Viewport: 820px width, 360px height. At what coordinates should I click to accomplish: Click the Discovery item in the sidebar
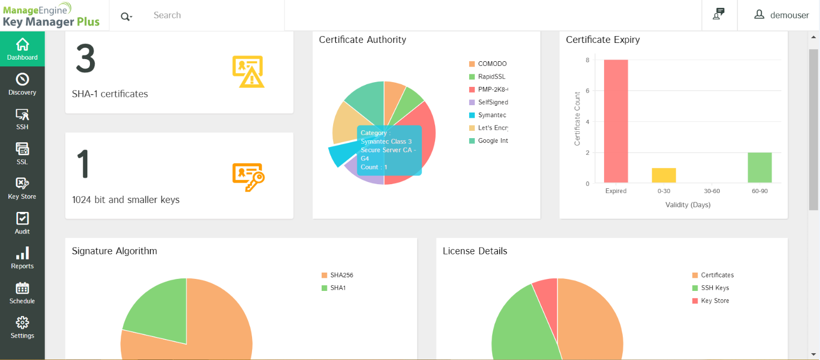(x=22, y=84)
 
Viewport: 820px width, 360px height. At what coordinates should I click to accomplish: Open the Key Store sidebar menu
(x=22, y=188)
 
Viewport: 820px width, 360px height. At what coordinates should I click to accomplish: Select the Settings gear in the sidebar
(x=22, y=328)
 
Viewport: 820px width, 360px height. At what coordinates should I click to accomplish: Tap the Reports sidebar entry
(x=22, y=258)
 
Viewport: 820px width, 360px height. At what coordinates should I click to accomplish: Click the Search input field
(x=214, y=15)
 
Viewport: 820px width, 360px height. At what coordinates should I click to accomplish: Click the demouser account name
(x=789, y=15)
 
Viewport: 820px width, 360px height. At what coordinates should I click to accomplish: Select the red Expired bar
(x=616, y=121)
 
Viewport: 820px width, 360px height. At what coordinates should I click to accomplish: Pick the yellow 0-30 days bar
(x=663, y=176)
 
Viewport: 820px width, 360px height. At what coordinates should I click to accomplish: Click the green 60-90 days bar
(x=759, y=168)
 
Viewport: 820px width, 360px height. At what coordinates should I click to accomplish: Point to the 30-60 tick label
(x=711, y=191)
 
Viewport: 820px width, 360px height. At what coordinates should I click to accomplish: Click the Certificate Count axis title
(x=577, y=119)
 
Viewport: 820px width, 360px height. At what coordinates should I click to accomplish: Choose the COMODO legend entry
(x=492, y=64)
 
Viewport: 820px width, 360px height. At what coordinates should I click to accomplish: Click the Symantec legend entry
(x=492, y=115)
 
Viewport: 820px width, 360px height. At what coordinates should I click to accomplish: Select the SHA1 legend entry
(x=337, y=288)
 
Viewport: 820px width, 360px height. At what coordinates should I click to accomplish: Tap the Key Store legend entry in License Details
(x=714, y=301)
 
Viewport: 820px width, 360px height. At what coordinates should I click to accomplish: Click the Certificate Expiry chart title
(x=602, y=39)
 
